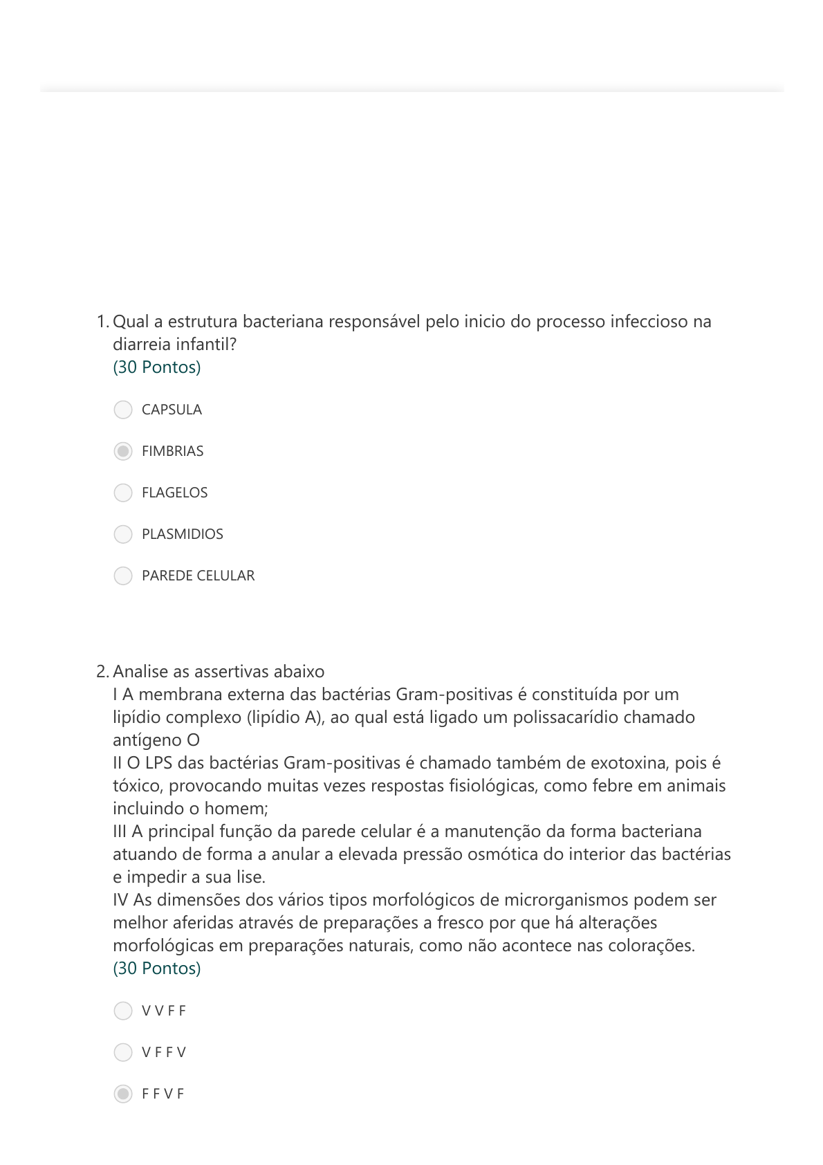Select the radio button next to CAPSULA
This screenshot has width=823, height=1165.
123,410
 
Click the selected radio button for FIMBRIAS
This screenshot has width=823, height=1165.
123,451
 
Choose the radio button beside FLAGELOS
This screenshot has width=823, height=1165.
123,493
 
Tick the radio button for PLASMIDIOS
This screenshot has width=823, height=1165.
123,534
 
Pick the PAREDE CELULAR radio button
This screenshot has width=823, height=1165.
123,576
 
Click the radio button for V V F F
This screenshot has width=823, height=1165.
123,1011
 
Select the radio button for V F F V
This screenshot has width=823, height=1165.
123,1052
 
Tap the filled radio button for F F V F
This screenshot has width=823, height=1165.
123,1094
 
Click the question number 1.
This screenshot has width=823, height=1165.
102,322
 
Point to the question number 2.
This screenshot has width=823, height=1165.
102,672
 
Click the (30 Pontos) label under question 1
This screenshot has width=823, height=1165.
157,367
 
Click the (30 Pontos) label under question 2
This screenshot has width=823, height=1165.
157,969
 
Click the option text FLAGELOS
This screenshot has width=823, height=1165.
174,493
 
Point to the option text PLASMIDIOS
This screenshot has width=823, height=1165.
183,534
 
